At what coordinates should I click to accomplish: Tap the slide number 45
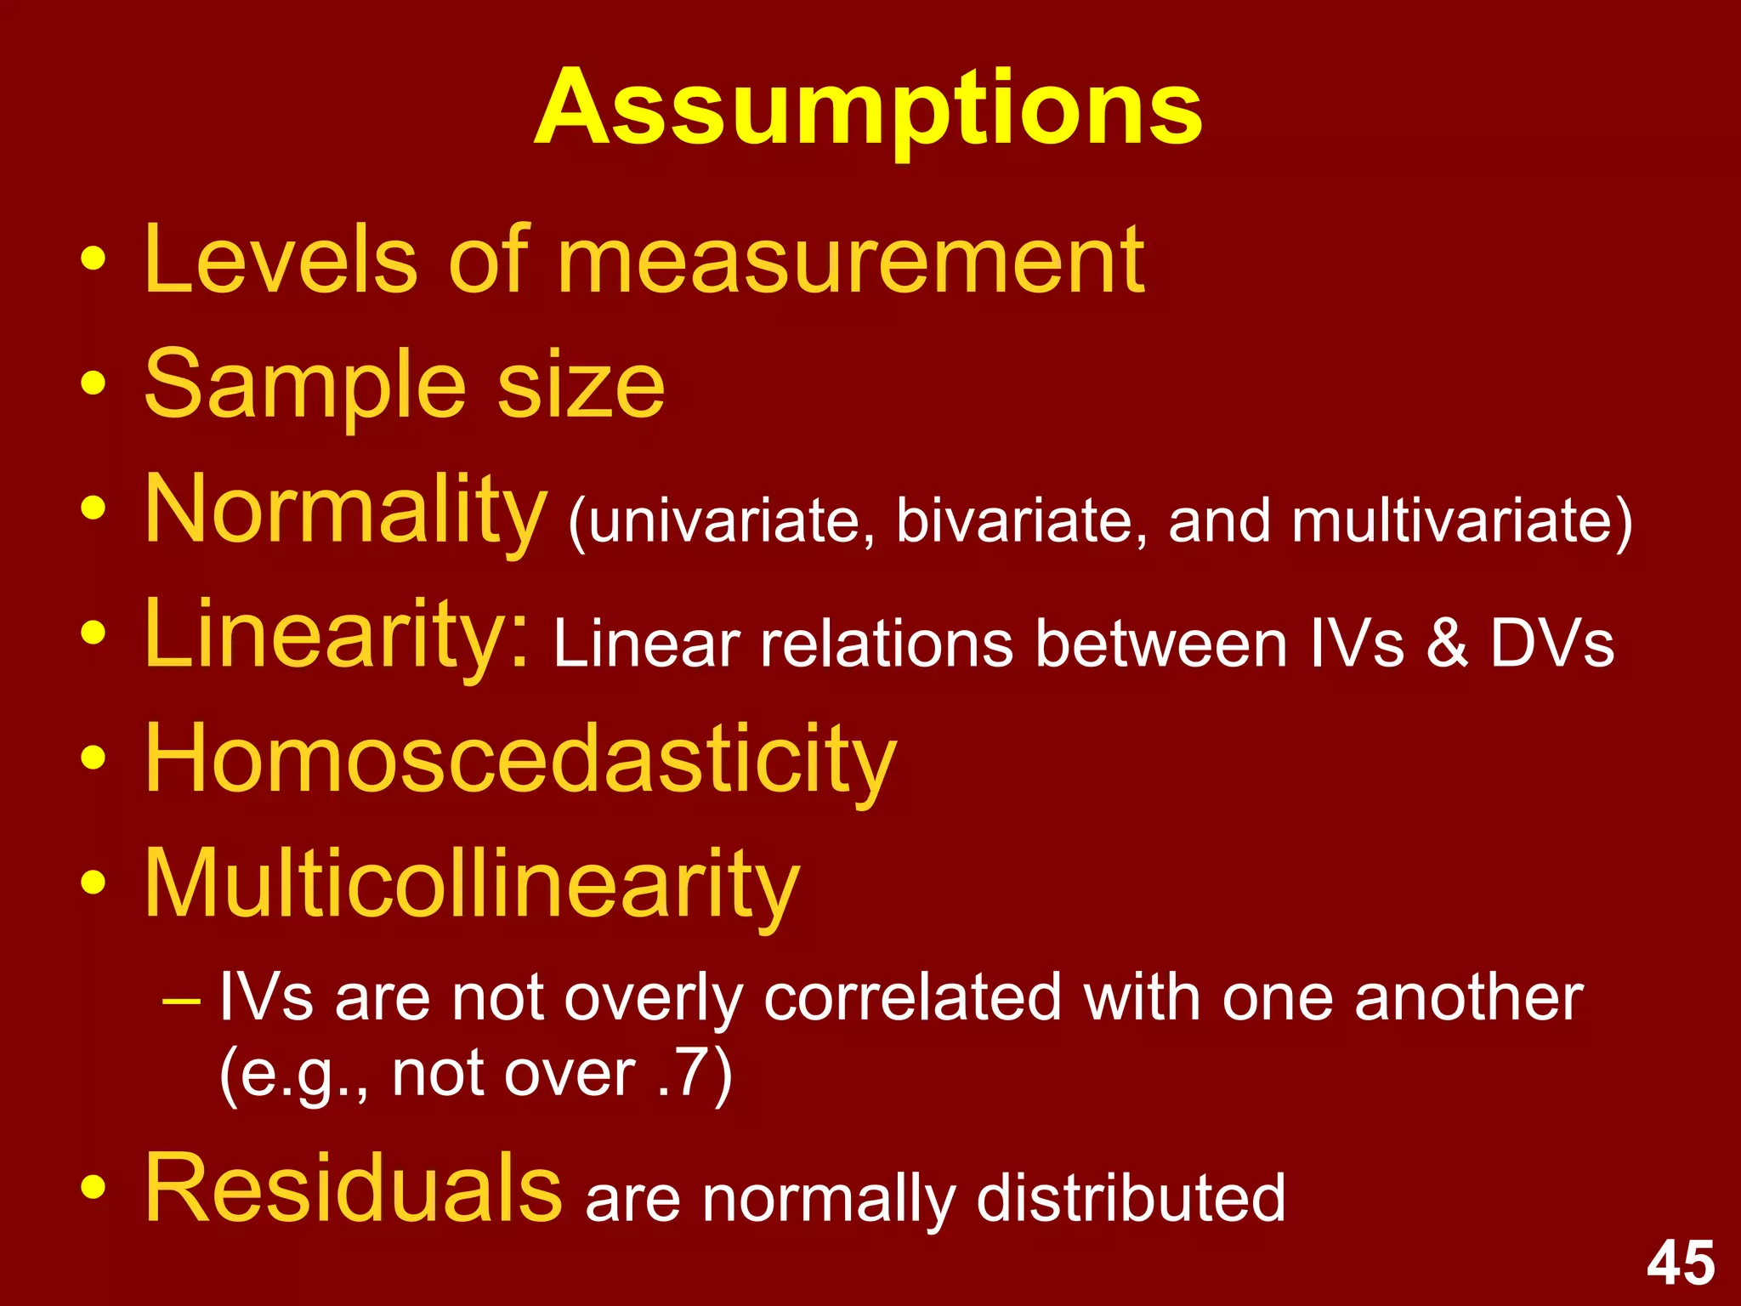tap(1681, 1263)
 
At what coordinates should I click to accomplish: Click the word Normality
tap(345, 510)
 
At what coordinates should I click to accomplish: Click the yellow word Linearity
tap(337, 634)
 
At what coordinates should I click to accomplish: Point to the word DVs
tap(1552, 644)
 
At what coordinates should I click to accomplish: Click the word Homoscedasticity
tap(520, 759)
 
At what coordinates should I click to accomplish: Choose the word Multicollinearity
tap(472, 884)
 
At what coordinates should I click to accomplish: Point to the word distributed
tap(1131, 1198)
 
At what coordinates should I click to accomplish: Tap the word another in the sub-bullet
tap(1468, 997)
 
